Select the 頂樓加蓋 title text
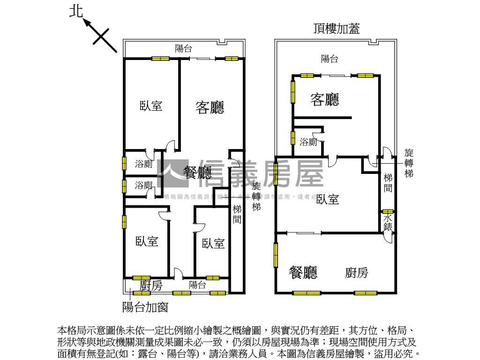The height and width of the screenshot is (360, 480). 337,29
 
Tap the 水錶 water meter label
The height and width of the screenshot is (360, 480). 388,222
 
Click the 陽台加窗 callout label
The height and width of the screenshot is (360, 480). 145,307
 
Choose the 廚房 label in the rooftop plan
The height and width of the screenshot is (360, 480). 357,272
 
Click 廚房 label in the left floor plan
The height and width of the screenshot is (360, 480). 151,285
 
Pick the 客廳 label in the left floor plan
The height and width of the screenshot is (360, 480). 210,107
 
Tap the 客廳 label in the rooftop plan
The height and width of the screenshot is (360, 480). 325,99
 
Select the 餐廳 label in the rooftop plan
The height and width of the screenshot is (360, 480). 303,272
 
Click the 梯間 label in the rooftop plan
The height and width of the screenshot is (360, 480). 388,183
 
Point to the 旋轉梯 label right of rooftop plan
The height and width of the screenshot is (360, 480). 409,163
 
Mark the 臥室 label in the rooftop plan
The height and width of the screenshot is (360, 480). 327,199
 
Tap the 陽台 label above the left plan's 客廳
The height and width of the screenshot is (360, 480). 183,48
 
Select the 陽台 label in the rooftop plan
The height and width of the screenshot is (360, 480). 330,59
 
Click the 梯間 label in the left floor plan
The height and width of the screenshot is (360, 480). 237,214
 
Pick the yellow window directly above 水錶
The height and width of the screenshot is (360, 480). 387,211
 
